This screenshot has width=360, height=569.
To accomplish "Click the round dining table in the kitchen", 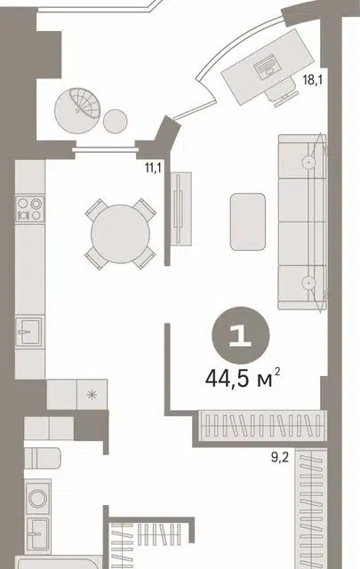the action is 120,234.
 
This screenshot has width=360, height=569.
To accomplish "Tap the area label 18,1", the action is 313,80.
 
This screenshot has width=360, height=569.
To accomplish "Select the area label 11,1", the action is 153,168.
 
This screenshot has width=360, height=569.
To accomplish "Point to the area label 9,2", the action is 280,457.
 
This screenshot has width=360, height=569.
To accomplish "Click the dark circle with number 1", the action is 241,335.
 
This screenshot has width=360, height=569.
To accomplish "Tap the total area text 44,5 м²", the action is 243,379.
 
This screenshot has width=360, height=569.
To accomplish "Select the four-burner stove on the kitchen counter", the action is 30,209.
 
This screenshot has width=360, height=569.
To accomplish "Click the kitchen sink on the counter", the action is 29,331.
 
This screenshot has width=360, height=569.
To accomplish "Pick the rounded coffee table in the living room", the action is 248,221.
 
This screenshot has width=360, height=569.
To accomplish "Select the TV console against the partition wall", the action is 181,208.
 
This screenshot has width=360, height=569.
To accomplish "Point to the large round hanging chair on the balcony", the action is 77,110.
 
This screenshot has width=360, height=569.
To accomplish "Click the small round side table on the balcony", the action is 115,121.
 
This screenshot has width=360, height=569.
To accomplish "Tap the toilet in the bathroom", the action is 42,458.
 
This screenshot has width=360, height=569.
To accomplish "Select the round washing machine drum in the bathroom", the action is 37,498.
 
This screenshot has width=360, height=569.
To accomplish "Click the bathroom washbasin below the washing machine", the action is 37,533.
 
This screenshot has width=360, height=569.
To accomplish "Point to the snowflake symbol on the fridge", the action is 92,395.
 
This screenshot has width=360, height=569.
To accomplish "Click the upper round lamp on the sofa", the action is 308,163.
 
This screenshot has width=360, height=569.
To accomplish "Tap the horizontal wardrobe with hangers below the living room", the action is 263,425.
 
